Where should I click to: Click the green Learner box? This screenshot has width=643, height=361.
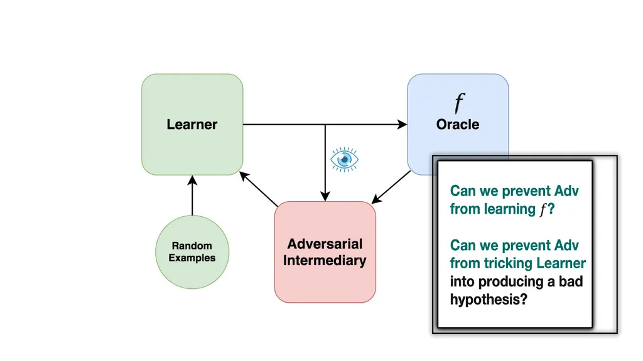click(192, 125)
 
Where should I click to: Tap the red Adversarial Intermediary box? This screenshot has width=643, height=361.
click(325, 252)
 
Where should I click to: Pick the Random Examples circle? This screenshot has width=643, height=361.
click(192, 252)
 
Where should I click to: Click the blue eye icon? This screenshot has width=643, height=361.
click(345, 159)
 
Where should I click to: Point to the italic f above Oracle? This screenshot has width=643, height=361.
click(459, 103)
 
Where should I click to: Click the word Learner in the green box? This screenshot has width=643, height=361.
click(192, 125)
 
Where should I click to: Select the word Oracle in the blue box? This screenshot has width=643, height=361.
click(458, 125)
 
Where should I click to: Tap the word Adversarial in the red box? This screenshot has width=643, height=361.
click(325, 244)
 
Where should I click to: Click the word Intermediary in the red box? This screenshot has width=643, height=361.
click(325, 261)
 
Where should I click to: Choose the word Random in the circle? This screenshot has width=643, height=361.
click(192, 246)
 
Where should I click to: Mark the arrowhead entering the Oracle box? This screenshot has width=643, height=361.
click(403, 125)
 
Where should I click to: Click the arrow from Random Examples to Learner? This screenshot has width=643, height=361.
click(192, 196)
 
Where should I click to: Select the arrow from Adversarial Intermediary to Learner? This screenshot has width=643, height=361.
click(259, 189)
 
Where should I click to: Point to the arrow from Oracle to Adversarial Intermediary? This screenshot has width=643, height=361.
click(391, 187)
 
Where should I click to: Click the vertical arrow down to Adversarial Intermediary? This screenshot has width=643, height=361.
click(325, 163)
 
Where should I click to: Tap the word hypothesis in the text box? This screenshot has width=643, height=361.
click(489, 300)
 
